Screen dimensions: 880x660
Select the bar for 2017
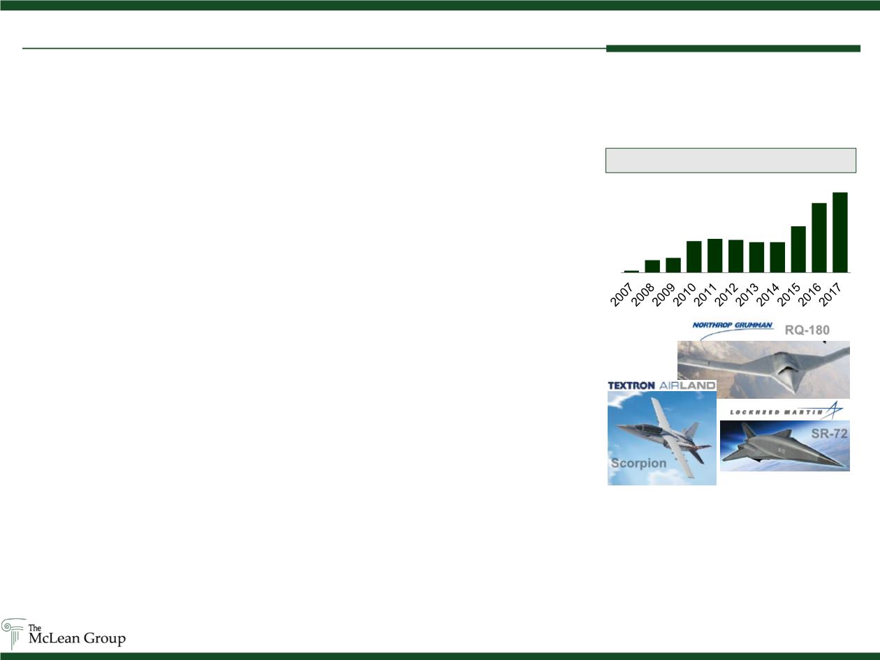pyautogui.click(x=840, y=233)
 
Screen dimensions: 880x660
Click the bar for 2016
pyautogui.click(x=819, y=237)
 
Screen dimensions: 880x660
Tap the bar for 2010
pyautogui.click(x=694, y=257)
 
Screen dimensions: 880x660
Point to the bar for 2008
pyautogui.click(x=652, y=267)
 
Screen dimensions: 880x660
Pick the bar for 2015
pyautogui.click(x=798, y=249)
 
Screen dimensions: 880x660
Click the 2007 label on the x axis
pyautogui.click(x=621, y=295)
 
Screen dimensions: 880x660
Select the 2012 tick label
pyautogui.click(x=726, y=295)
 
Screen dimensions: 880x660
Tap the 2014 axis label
pyautogui.click(x=768, y=295)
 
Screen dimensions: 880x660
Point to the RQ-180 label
pyautogui.click(x=807, y=330)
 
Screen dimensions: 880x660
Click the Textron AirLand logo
pyautogui.click(x=661, y=386)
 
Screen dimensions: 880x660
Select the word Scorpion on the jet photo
pyautogui.click(x=638, y=463)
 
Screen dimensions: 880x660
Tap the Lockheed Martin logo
pyautogui.click(x=786, y=411)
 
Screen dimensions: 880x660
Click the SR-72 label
pyautogui.click(x=829, y=434)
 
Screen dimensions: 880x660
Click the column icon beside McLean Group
pyautogui.click(x=14, y=633)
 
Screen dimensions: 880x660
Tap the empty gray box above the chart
pyautogui.click(x=731, y=161)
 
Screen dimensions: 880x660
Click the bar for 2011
pyautogui.click(x=714, y=256)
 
